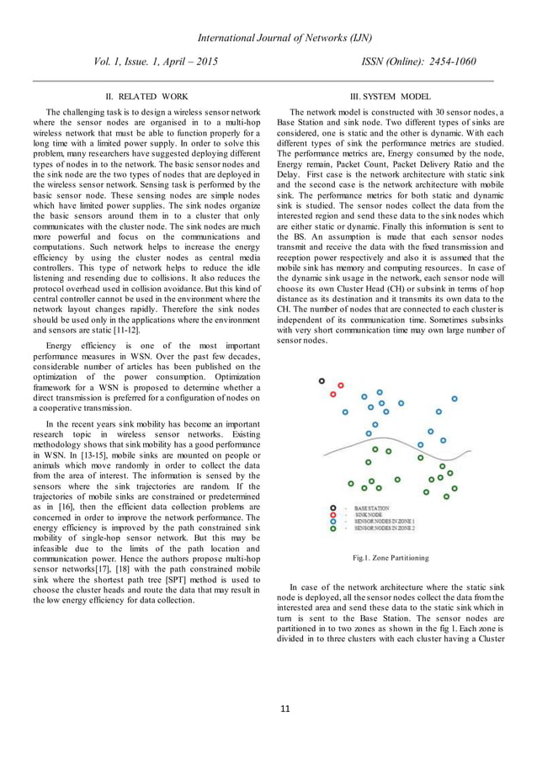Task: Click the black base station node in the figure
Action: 322,381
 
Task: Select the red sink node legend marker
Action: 334,516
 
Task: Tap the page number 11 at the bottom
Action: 268,709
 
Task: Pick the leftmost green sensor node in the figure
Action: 351,484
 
